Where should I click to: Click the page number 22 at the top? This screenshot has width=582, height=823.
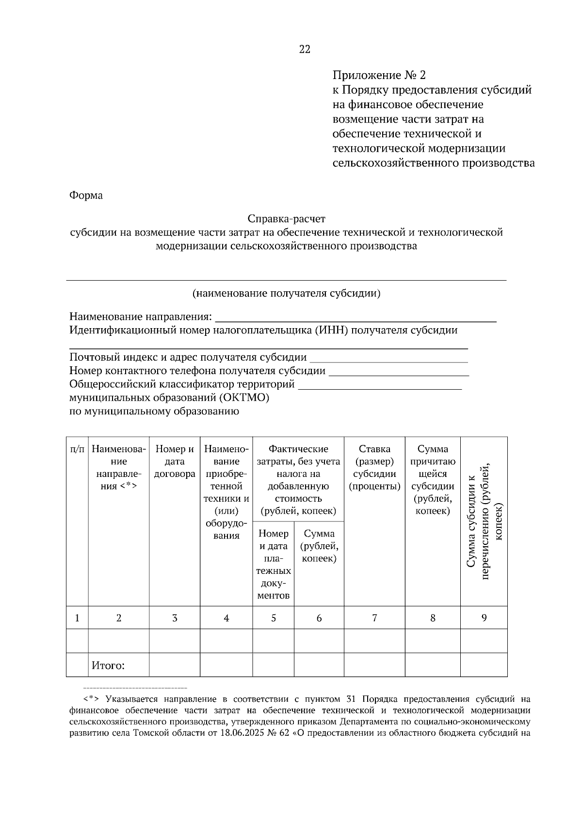point(305,49)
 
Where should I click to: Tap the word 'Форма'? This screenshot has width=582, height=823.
point(86,195)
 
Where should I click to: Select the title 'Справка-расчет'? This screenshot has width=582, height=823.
point(286,219)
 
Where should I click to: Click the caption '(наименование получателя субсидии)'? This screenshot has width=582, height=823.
point(286,293)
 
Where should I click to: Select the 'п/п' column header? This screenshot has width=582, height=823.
point(77,449)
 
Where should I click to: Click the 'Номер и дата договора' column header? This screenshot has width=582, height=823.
point(175,461)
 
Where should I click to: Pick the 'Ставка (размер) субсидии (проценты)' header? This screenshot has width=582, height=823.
point(374,467)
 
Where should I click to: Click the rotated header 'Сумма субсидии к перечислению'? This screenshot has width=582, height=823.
point(484,521)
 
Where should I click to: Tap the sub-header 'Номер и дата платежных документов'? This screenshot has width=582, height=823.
point(274,564)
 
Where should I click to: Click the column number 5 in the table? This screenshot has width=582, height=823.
point(274,618)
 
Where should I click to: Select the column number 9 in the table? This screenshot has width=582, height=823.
point(484,617)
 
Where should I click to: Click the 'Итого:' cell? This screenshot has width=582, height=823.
point(108,665)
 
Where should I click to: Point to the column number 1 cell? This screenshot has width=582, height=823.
point(77,618)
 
